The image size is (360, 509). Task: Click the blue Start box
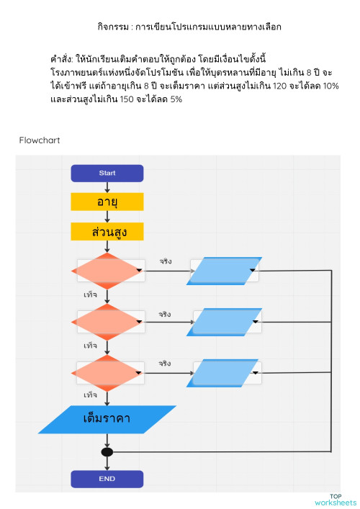[107, 173]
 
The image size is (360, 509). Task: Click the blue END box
[107, 479]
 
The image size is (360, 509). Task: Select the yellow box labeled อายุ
[107, 202]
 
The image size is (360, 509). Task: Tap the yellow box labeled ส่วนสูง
[107, 232]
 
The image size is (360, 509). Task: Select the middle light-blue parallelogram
[223, 322]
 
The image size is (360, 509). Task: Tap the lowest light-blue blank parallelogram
[223, 373]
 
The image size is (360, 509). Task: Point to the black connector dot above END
[107, 452]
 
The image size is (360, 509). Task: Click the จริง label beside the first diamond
[165, 261]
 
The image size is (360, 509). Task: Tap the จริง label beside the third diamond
[165, 364]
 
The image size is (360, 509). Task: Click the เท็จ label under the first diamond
[91, 295]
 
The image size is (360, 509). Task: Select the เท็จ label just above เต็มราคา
[91, 395]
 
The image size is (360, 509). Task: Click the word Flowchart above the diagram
[40, 140]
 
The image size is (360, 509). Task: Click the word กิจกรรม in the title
[114, 27]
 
